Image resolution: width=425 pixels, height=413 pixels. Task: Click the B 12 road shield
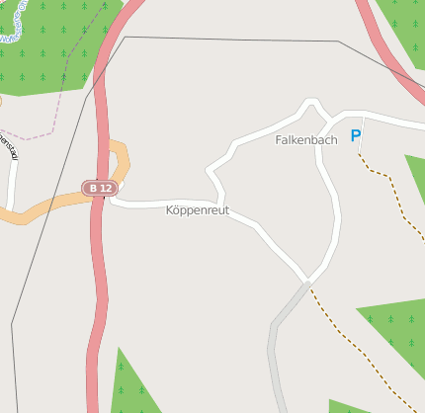[x=101, y=188]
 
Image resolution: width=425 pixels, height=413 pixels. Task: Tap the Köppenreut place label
[x=198, y=210]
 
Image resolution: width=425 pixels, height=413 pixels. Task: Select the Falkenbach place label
[x=305, y=140]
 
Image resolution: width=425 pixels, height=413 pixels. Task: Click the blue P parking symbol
[x=356, y=136]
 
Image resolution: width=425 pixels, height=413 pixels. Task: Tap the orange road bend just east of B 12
[x=123, y=158]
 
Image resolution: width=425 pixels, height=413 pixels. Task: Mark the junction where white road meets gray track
[x=308, y=282]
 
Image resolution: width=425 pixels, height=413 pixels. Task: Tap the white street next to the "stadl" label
[x=13, y=183]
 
